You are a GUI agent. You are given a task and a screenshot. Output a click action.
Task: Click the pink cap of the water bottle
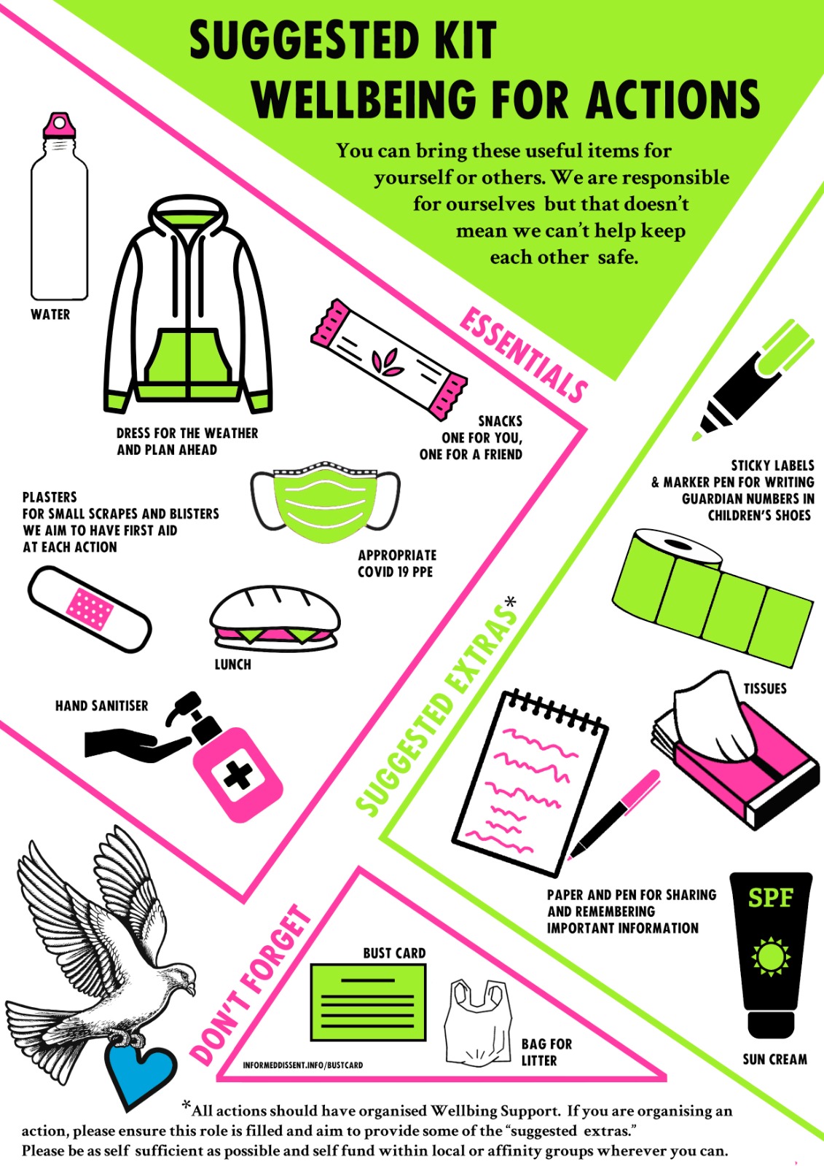coord(59,125)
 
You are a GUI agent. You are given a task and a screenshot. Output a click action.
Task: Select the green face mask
coord(326,502)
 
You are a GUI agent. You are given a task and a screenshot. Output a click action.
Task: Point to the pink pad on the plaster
coord(88,609)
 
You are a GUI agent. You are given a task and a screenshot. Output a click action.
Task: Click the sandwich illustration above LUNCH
coord(275,619)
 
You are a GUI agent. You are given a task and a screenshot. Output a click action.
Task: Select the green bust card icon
coord(368,1002)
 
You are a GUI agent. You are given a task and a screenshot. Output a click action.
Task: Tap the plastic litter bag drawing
coord(478,1023)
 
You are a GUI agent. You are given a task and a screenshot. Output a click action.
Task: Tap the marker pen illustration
coord(752,380)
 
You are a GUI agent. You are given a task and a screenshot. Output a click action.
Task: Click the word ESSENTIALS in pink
coord(523,355)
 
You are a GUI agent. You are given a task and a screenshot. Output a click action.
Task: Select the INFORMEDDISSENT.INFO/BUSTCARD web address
coord(303,1065)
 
